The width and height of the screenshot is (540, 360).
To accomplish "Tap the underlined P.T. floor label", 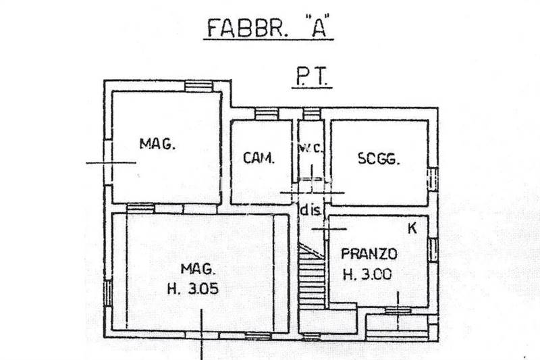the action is pyautogui.click(x=312, y=77).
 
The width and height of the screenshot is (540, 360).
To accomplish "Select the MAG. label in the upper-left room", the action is pyautogui.click(x=157, y=144).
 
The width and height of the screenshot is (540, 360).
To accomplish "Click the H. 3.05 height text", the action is pyautogui.click(x=193, y=288).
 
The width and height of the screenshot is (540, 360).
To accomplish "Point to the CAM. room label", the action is pyautogui.click(x=259, y=158).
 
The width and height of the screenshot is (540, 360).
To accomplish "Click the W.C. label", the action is pyautogui.click(x=310, y=149).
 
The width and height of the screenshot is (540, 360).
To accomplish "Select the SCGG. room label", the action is pyautogui.click(x=379, y=159).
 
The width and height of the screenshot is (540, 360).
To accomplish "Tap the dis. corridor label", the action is pyautogui.click(x=311, y=210).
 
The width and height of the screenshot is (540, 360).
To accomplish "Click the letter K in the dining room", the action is pyautogui.click(x=412, y=228).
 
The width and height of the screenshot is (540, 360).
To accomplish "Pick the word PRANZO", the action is pyautogui.click(x=369, y=254).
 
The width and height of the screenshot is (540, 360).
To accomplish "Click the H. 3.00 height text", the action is pyautogui.click(x=367, y=275).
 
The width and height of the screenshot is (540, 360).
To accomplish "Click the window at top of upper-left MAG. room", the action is pyautogui.click(x=198, y=86).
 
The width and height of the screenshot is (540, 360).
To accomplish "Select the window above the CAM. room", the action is pyautogui.click(x=267, y=114).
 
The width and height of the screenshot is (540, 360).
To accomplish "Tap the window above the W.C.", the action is pyautogui.click(x=312, y=114).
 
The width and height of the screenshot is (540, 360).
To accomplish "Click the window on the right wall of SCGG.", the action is pyautogui.click(x=433, y=178).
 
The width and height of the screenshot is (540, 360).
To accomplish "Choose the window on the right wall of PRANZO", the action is pyautogui.click(x=433, y=250).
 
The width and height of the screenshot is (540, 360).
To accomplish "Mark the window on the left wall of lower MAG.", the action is pyautogui.click(x=108, y=293).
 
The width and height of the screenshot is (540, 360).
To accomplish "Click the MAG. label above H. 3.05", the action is pyautogui.click(x=198, y=269).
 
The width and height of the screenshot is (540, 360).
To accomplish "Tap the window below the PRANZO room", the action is pyautogui.click(x=398, y=311).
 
